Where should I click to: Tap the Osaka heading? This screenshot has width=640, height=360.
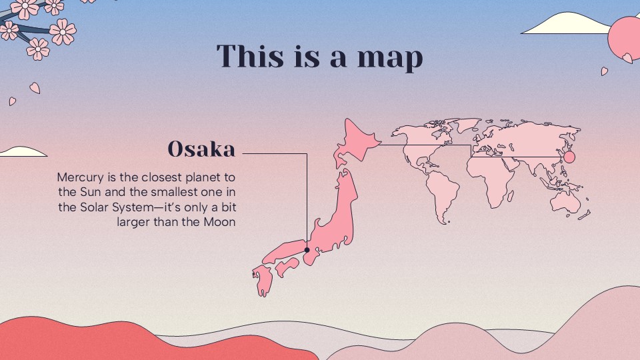point(201,149)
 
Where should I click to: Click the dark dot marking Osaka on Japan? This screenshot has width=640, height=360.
point(307,251)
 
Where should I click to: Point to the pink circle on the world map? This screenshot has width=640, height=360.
point(569,157)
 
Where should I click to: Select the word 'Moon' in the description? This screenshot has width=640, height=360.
point(219,222)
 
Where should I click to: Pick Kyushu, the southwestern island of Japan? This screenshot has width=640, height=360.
point(261,280)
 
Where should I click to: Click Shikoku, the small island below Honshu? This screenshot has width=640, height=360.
point(287,267)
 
